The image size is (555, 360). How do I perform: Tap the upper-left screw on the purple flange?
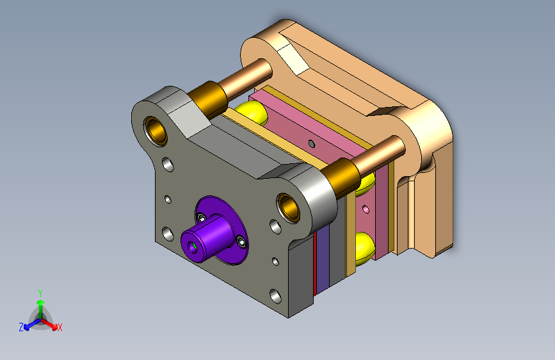(x=202, y=217)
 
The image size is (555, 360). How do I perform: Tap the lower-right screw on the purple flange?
(x=242, y=241)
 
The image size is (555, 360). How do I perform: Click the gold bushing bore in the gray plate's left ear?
(x=156, y=130)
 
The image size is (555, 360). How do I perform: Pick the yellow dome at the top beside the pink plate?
(x=253, y=111)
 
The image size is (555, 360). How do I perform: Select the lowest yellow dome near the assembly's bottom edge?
(x=365, y=248)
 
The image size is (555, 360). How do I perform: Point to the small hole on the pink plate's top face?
(x=312, y=143)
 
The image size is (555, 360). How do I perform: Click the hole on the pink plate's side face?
(x=366, y=209)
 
